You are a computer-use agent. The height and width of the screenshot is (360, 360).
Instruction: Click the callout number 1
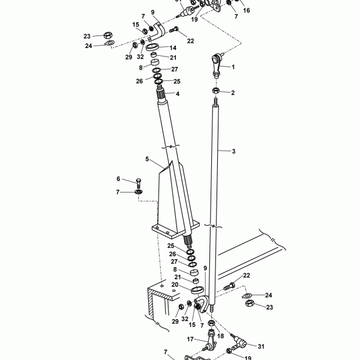[x=233, y=67]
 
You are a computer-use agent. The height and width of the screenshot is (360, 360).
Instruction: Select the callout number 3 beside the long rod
[x=233, y=151]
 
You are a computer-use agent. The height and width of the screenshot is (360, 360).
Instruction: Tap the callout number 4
[x=178, y=94]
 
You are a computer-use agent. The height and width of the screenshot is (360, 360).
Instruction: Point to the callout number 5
[x=146, y=160]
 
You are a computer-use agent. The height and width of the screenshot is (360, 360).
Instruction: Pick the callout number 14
[x=173, y=47]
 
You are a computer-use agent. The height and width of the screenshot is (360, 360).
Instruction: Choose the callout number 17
[x=189, y=339]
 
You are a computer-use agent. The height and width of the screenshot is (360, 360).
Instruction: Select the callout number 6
[x=119, y=179]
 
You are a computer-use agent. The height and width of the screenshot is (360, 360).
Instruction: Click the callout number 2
[x=233, y=92]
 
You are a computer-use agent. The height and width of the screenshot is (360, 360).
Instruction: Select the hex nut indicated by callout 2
[x=215, y=91]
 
